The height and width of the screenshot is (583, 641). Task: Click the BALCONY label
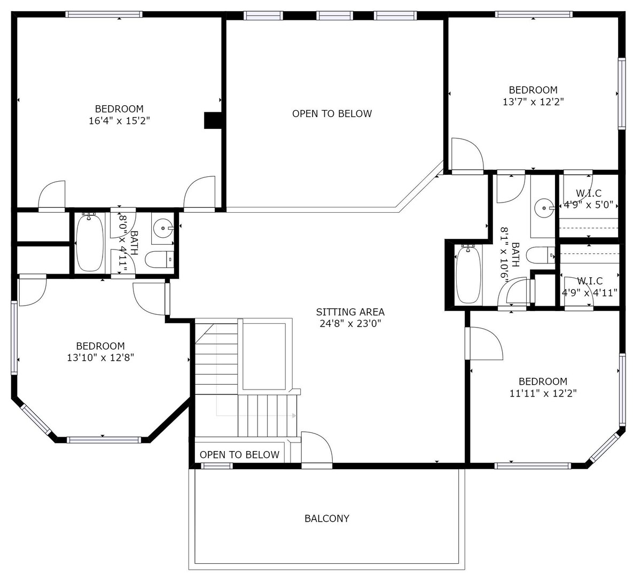click(326, 518)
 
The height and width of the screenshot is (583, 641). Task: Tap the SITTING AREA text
click(350, 312)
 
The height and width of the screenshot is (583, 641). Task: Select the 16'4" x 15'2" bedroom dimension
click(119, 121)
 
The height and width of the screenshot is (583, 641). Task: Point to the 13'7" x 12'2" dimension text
click(533, 102)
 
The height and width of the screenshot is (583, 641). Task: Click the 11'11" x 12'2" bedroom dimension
click(543, 393)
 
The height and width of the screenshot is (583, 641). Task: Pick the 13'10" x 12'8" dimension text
click(100, 357)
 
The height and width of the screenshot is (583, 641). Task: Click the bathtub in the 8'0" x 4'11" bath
click(90, 243)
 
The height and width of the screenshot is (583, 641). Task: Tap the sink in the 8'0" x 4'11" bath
click(163, 228)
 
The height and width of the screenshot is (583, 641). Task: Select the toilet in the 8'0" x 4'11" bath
click(160, 259)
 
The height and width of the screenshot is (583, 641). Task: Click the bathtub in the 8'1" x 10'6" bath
click(468, 275)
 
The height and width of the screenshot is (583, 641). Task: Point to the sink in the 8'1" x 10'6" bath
click(544, 208)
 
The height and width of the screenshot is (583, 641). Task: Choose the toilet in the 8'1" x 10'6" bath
click(541, 255)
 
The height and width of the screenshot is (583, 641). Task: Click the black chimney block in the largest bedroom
click(213, 120)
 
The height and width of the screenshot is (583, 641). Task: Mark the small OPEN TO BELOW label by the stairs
click(239, 454)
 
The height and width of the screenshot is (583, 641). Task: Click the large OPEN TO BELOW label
click(332, 113)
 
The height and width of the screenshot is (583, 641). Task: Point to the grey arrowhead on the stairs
click(294, 416)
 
